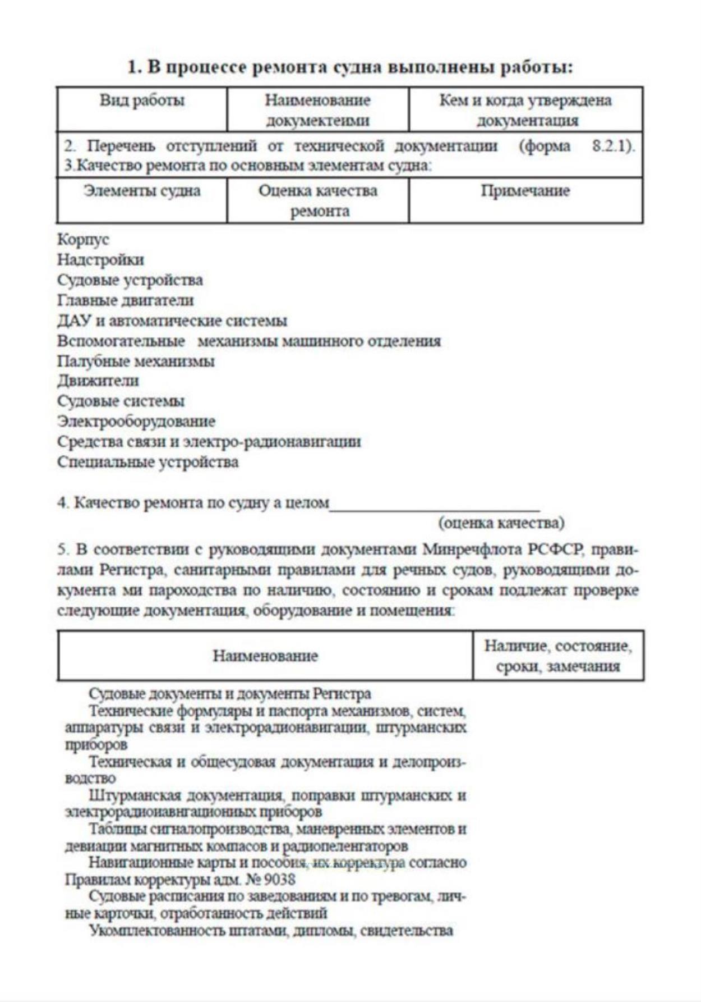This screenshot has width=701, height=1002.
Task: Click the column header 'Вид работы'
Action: click(x=142, y=100)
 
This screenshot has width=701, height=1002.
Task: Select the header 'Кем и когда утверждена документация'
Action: click(x=525, y=110)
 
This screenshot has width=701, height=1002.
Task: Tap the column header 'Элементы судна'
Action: click(x=142, y=191)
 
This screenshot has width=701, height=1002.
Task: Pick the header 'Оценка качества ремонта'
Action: click(x=318, y=200)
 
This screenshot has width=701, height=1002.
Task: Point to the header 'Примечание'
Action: click(x=525, y=191)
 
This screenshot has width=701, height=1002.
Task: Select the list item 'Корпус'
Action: click(x=83, y=239)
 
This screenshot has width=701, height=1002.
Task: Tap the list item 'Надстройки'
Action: click(x=100, y=259)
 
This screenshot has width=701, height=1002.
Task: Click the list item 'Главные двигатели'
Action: click(x=125, y=300)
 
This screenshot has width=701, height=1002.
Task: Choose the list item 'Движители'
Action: click(x=98, y=381)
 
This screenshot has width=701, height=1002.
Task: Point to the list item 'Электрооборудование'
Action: click(x=136, y=421)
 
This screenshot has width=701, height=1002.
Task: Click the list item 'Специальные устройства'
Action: click(x=147, y=462)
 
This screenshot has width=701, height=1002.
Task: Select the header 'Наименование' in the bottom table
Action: click(x=265, y=656)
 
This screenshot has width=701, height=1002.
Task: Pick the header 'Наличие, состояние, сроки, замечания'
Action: click(x=558, y=656)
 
